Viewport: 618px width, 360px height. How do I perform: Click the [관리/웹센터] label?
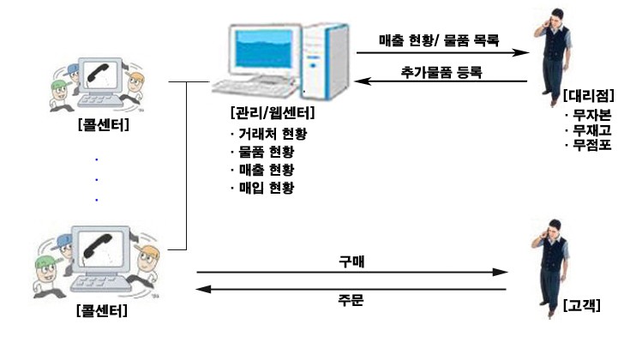tap(273, 113)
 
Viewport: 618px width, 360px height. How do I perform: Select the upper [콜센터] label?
tap(104, 124)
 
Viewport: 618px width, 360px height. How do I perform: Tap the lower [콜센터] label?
tap(102, 310)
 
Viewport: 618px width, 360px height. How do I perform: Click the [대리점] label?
tap(589, 95)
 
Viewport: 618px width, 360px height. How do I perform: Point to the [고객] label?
tap(582, 305)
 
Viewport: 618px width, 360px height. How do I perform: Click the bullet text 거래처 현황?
tap(273, 134)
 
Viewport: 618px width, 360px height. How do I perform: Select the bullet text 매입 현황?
tap(267, 188)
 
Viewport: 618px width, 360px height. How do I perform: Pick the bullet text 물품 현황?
tap(267, 152)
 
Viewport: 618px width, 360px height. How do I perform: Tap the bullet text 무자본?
tap(591, 115)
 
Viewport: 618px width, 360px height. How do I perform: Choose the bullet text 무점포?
tap(591, 145)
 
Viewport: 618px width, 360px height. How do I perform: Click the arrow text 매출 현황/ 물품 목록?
tap(439, 40)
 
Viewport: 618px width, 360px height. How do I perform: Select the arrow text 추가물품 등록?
tap(441, 72)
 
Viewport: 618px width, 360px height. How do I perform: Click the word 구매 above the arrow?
tap(351, 261)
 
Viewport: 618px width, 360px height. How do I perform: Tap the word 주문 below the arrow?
tap(351, 300)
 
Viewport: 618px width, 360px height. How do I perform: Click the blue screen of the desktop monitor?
tap(264, 49)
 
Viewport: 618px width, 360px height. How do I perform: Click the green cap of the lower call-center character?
tap(46, 261)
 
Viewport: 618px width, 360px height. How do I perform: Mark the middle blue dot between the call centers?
tap(97, 180)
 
